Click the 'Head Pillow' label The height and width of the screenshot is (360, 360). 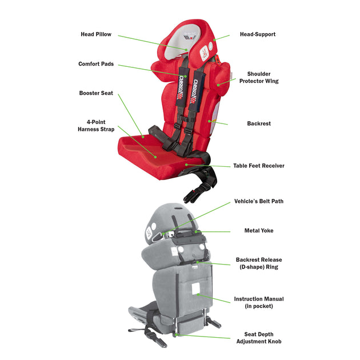tap(95, 34)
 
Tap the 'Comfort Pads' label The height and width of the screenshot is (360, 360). tap(95, 64)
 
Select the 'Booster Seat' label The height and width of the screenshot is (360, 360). tap(96, 93)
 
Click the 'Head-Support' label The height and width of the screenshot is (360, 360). tap(257, 34)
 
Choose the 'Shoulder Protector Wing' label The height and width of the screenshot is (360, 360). tap(262, 78)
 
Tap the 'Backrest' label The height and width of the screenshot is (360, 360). tap(259, 123)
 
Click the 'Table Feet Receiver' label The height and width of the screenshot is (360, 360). tap(258, 166)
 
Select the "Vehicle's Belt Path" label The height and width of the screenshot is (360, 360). tap(258, 201)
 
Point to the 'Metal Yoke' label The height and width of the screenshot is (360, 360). tap(259, 231)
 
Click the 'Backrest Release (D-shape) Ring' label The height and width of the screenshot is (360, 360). tap(259, 263)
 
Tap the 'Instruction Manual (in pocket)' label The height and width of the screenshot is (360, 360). tap(258, 302)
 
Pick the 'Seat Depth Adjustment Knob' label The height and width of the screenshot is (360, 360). tap(259, 338)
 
